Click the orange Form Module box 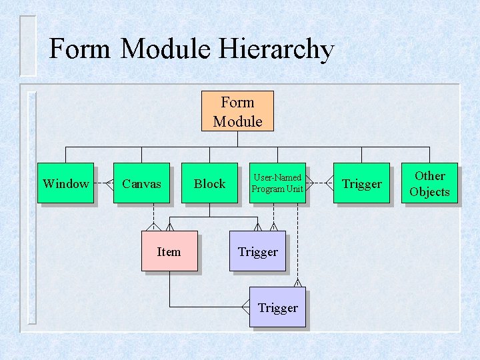(x=237, y=111)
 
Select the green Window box (x=65, y=183)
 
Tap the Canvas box (x=141, y=183)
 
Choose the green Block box (x=209, y=183)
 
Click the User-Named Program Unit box (x=277, y=183)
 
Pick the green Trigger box (x=361, y=183)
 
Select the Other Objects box (x=429, y=183)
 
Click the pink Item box (x=169, y=251)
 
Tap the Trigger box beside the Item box (x=257, y=251)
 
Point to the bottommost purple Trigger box (x=277, y=307)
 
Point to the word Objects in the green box (x=429, y=192)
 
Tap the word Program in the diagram (x=267, y=189)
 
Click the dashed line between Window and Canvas (x=101, y=183)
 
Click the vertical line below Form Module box (x=238, y=139)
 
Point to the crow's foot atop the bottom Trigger (x=298, y=283)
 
